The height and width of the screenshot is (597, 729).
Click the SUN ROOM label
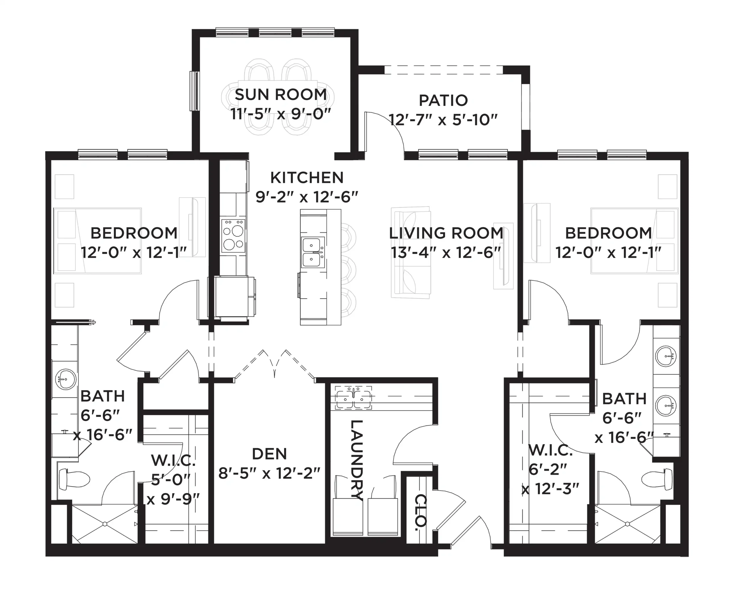pos(280,95)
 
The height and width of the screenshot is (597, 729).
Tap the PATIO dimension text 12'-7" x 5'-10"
pos(443,120)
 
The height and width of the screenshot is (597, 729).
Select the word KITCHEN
pos(307,178)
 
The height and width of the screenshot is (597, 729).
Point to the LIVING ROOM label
pos(446,233)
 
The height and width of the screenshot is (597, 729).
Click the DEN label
pos(269,454)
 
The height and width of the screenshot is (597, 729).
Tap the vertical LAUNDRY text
pos(356,460)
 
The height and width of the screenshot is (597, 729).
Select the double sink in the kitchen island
pos(313,252)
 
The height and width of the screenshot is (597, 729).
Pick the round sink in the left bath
pos(65,380)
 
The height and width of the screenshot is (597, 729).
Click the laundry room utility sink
pos(353,398)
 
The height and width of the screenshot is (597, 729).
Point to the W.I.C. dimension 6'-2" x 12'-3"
pos(550,479)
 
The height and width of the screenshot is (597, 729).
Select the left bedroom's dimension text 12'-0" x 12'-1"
pos(134,253)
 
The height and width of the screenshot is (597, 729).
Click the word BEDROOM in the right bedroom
pos(608,233)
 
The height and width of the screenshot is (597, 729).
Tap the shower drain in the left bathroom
pos(105,524)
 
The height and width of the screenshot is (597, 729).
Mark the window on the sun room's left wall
pos(194,91)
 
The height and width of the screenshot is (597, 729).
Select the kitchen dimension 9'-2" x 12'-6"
pos(307,197)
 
